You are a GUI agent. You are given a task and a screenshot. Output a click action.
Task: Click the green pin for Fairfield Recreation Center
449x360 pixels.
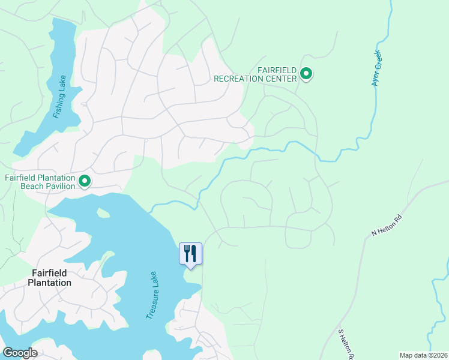(x=306, y=74)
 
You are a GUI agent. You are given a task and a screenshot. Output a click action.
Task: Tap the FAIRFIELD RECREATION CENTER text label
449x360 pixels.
(x=256, y=74)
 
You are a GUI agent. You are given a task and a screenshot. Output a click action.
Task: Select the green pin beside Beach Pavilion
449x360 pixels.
(x=85, y=180)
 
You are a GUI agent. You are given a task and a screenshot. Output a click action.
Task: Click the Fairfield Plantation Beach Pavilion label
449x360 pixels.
(x=40, y=182)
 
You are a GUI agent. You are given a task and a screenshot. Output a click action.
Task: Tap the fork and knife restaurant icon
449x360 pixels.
(x=191, y=253)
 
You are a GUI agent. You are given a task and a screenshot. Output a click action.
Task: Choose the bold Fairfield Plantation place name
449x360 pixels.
(x=51, y=278)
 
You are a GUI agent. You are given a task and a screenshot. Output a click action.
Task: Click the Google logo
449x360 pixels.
(x=20, y=353)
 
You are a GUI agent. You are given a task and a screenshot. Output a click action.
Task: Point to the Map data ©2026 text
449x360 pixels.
(x=423, y=355)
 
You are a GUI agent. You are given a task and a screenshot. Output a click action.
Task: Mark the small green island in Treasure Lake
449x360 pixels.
(x=103, y=212)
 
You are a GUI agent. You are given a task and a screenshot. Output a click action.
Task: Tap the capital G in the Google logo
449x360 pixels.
(x=8, y=353)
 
